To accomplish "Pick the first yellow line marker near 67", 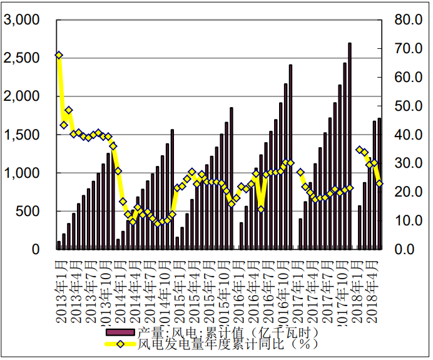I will pyautogui.click(x=59, y=55).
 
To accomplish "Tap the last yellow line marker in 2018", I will pyautogui.click(x=379, y=183).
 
